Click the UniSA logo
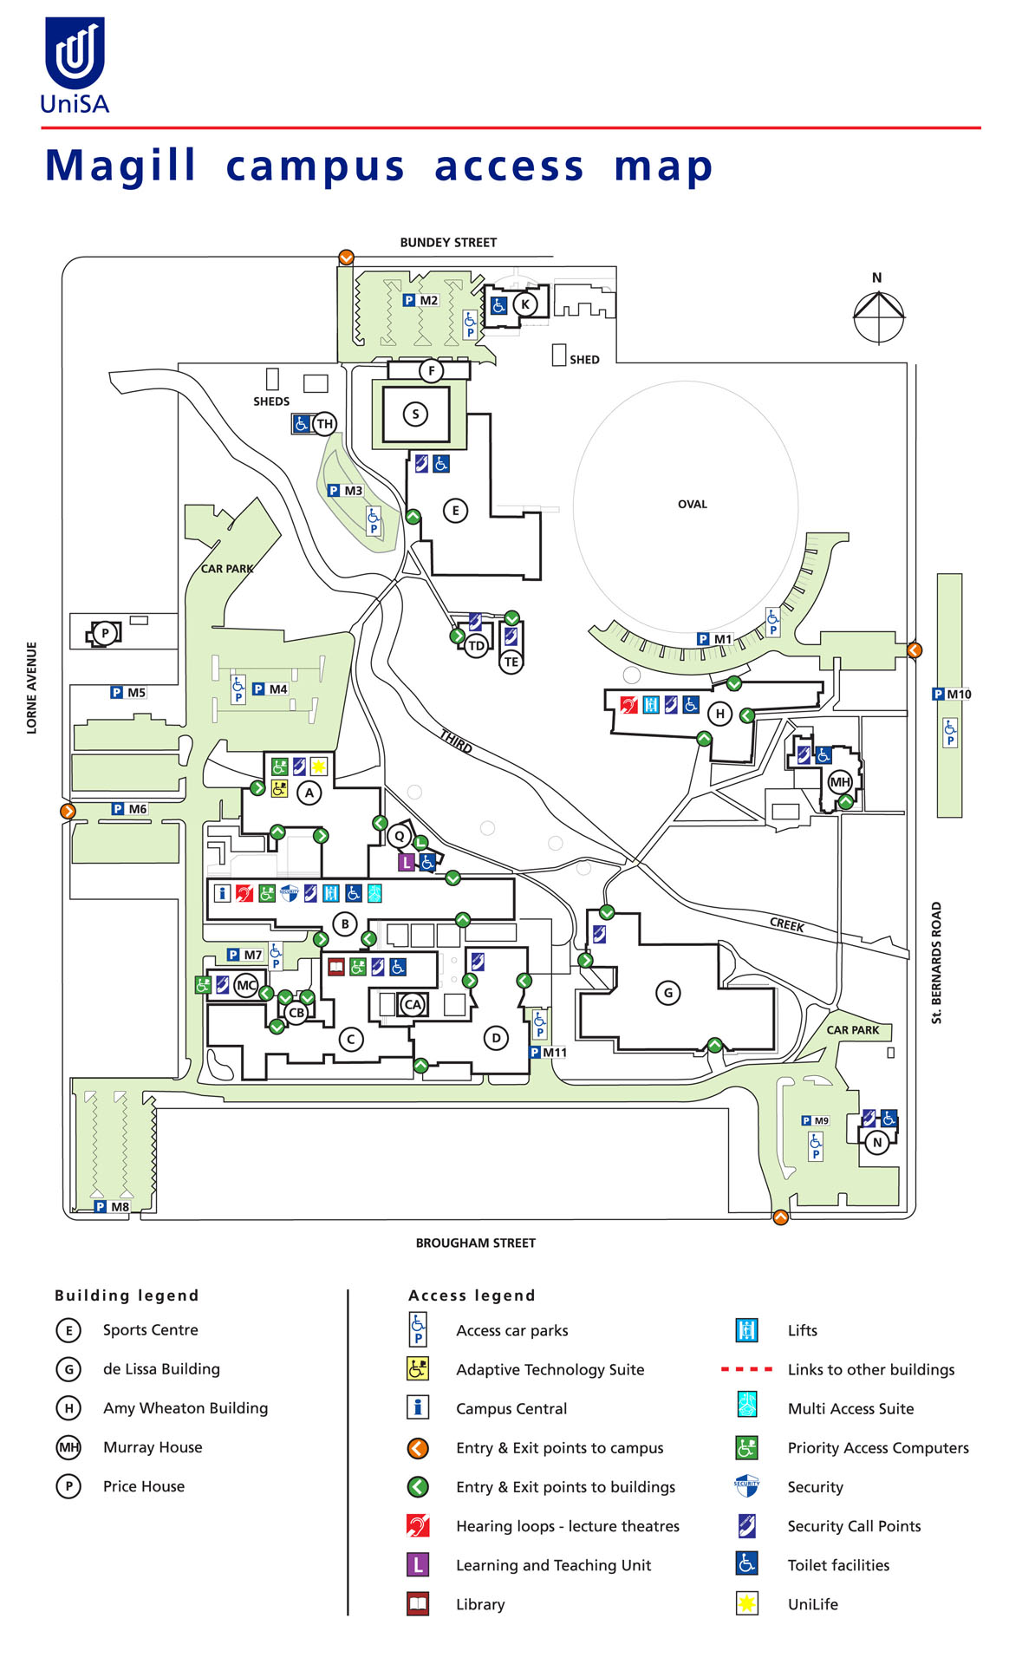click(x=75, y=66)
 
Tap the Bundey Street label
click(x=448, y=243)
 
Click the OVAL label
click(x=692, y=504)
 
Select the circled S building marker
click(x=415, y=414)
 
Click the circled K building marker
click(x=524, y=304)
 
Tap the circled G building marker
click(x=667, y=993)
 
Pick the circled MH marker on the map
click(x=840, y=781)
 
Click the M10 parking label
click(x=952, y=694)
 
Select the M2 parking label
click(x=421, y=300)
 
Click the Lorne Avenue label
click(x=32, y=688)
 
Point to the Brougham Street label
click(x=475, y=1243)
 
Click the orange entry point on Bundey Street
click(x=346, y=257)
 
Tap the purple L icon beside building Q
click(x=406, y=862)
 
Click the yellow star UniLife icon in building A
click(x=318, y=766)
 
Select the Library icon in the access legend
click(x=418, y=1603)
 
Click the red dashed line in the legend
click(x=746, y=1369)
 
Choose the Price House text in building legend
click(x=144, y=1486)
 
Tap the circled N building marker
click(x=877, y=1142)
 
